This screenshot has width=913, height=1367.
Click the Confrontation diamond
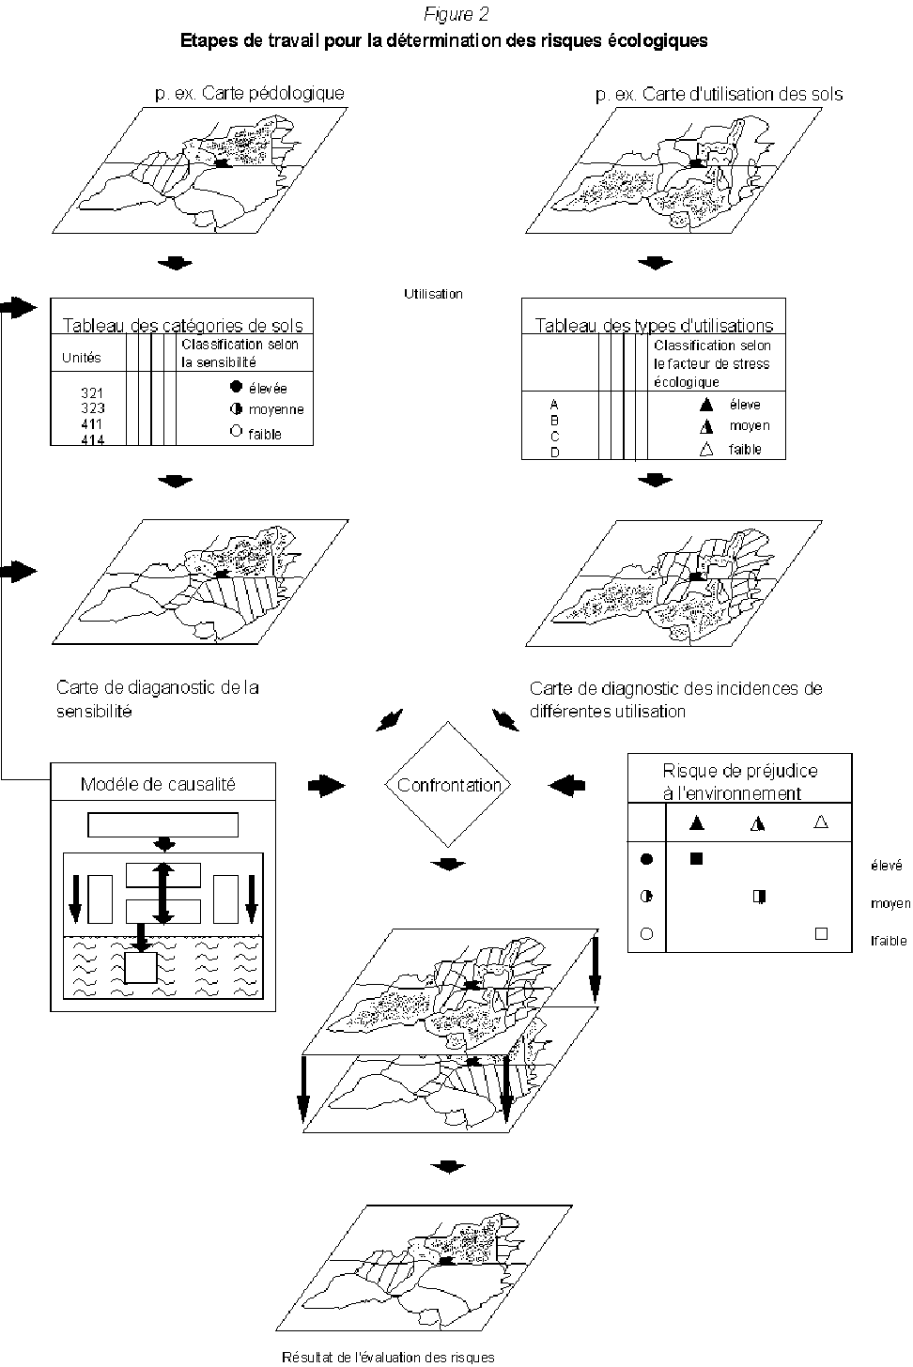[x=449, y=785]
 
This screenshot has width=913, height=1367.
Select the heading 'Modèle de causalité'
[x=158, y=784]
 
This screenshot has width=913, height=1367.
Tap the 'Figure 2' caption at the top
[x=456, y=14]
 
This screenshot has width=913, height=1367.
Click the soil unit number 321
[x=92, y=393]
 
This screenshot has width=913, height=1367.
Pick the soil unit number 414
[x=92, y=439]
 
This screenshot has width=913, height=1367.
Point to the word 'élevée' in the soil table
[x=268, y=388]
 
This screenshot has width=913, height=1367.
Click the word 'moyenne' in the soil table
[x=276, y=410]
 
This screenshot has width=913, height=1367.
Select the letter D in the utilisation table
[x=554, y=452]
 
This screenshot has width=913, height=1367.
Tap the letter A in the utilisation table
[x=554, y=405]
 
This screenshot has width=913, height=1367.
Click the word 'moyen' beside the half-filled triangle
[x=749, y=426]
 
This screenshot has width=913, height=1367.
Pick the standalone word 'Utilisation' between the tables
[x=433, y=294]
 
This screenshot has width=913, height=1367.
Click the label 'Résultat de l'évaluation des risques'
[x=388, y=1357]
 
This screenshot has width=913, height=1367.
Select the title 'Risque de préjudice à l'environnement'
[x=740, y=781]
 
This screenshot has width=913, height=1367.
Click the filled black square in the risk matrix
[x=696, y=857]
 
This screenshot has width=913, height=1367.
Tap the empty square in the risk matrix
[x=821, y=934]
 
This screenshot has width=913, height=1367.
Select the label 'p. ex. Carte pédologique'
[x=250, y=93]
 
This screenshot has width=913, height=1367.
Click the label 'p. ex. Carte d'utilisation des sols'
[x=719, y=94]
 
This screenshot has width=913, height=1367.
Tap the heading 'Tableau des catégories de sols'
[x=183, y=326]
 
